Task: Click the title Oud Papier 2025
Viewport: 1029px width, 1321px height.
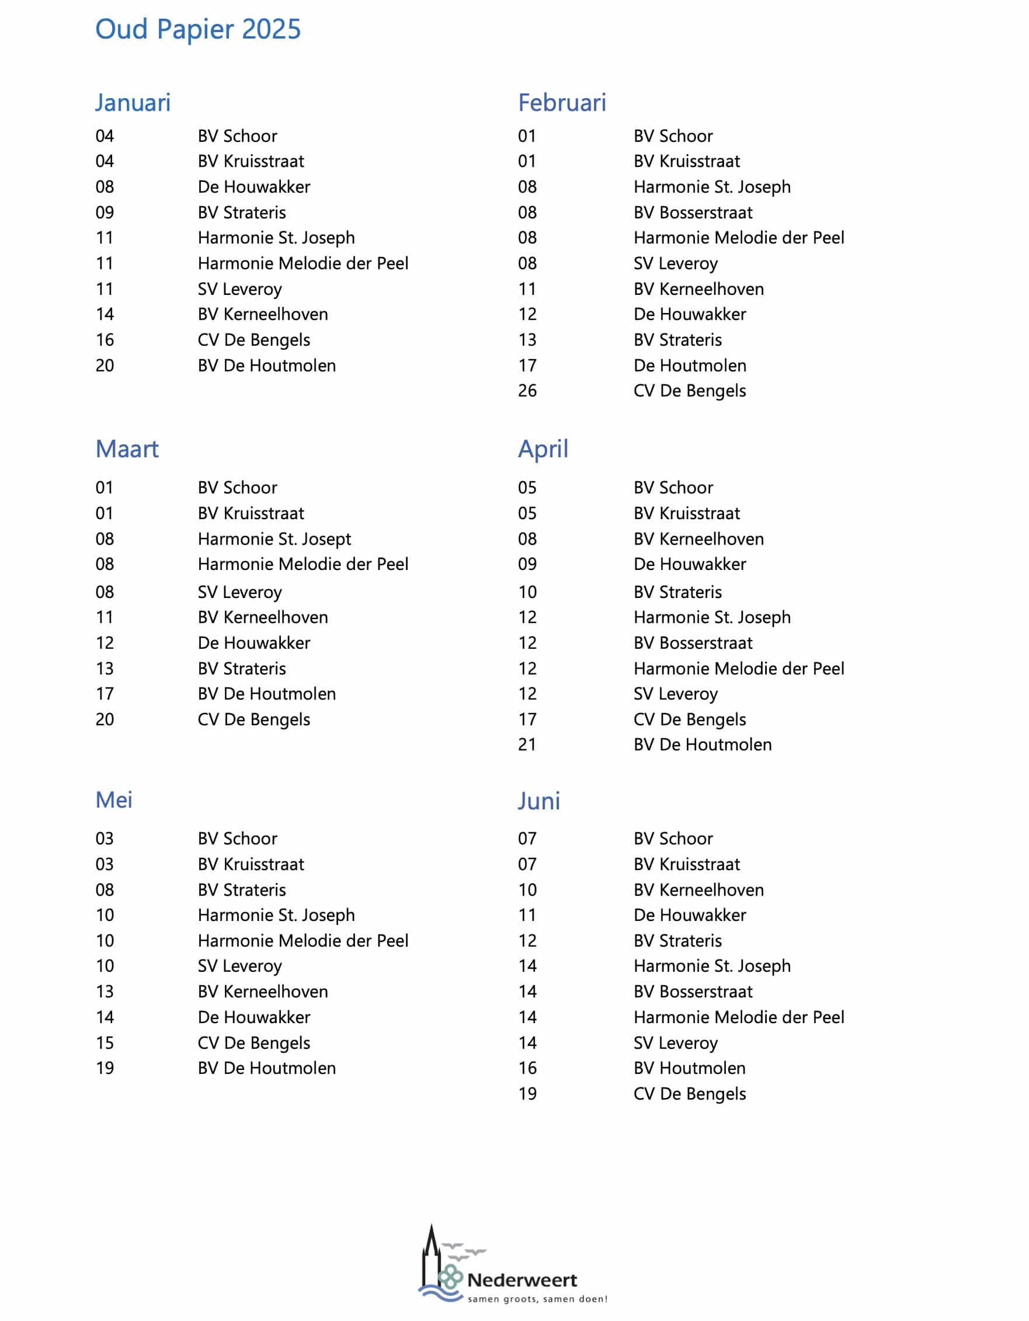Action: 198,30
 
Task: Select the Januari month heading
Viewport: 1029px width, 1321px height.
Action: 133,103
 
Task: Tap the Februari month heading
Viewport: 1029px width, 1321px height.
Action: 562,103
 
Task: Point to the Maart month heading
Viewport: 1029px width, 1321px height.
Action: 127,450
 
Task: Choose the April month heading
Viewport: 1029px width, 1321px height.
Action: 543,450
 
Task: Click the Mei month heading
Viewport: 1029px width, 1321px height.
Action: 114,800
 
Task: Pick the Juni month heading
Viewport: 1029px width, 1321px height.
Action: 538,801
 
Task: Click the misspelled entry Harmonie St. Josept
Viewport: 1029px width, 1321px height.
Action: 274,539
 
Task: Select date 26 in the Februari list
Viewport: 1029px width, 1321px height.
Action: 527,391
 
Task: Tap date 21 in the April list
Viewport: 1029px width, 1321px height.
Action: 527,745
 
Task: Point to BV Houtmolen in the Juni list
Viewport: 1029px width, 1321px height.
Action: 689,1068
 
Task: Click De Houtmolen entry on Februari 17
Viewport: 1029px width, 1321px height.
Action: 690,366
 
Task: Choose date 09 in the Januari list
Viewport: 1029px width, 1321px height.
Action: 105,213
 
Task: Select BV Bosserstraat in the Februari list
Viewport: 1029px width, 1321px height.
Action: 693,213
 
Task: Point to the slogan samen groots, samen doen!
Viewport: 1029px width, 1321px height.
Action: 537,1299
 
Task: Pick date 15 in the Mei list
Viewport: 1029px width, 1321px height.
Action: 105,1043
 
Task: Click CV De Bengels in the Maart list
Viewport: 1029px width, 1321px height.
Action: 253,719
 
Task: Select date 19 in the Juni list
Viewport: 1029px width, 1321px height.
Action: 527,1094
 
